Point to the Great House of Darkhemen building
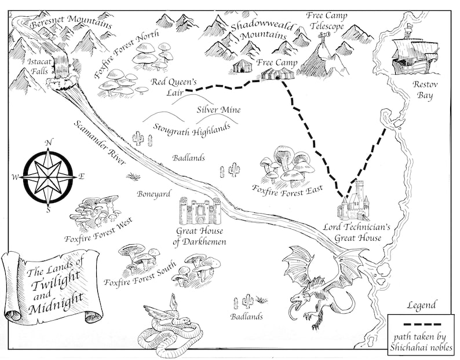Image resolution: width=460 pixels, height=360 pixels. pos(200,211)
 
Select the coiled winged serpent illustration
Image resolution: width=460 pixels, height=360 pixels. pos(165,327)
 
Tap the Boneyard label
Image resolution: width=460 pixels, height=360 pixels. pos(152,194)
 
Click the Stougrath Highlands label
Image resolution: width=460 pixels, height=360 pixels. pos(191,128)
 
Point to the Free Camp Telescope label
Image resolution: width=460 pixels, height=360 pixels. pos(327,21)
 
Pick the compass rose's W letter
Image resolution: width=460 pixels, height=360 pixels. pos(16,177)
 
